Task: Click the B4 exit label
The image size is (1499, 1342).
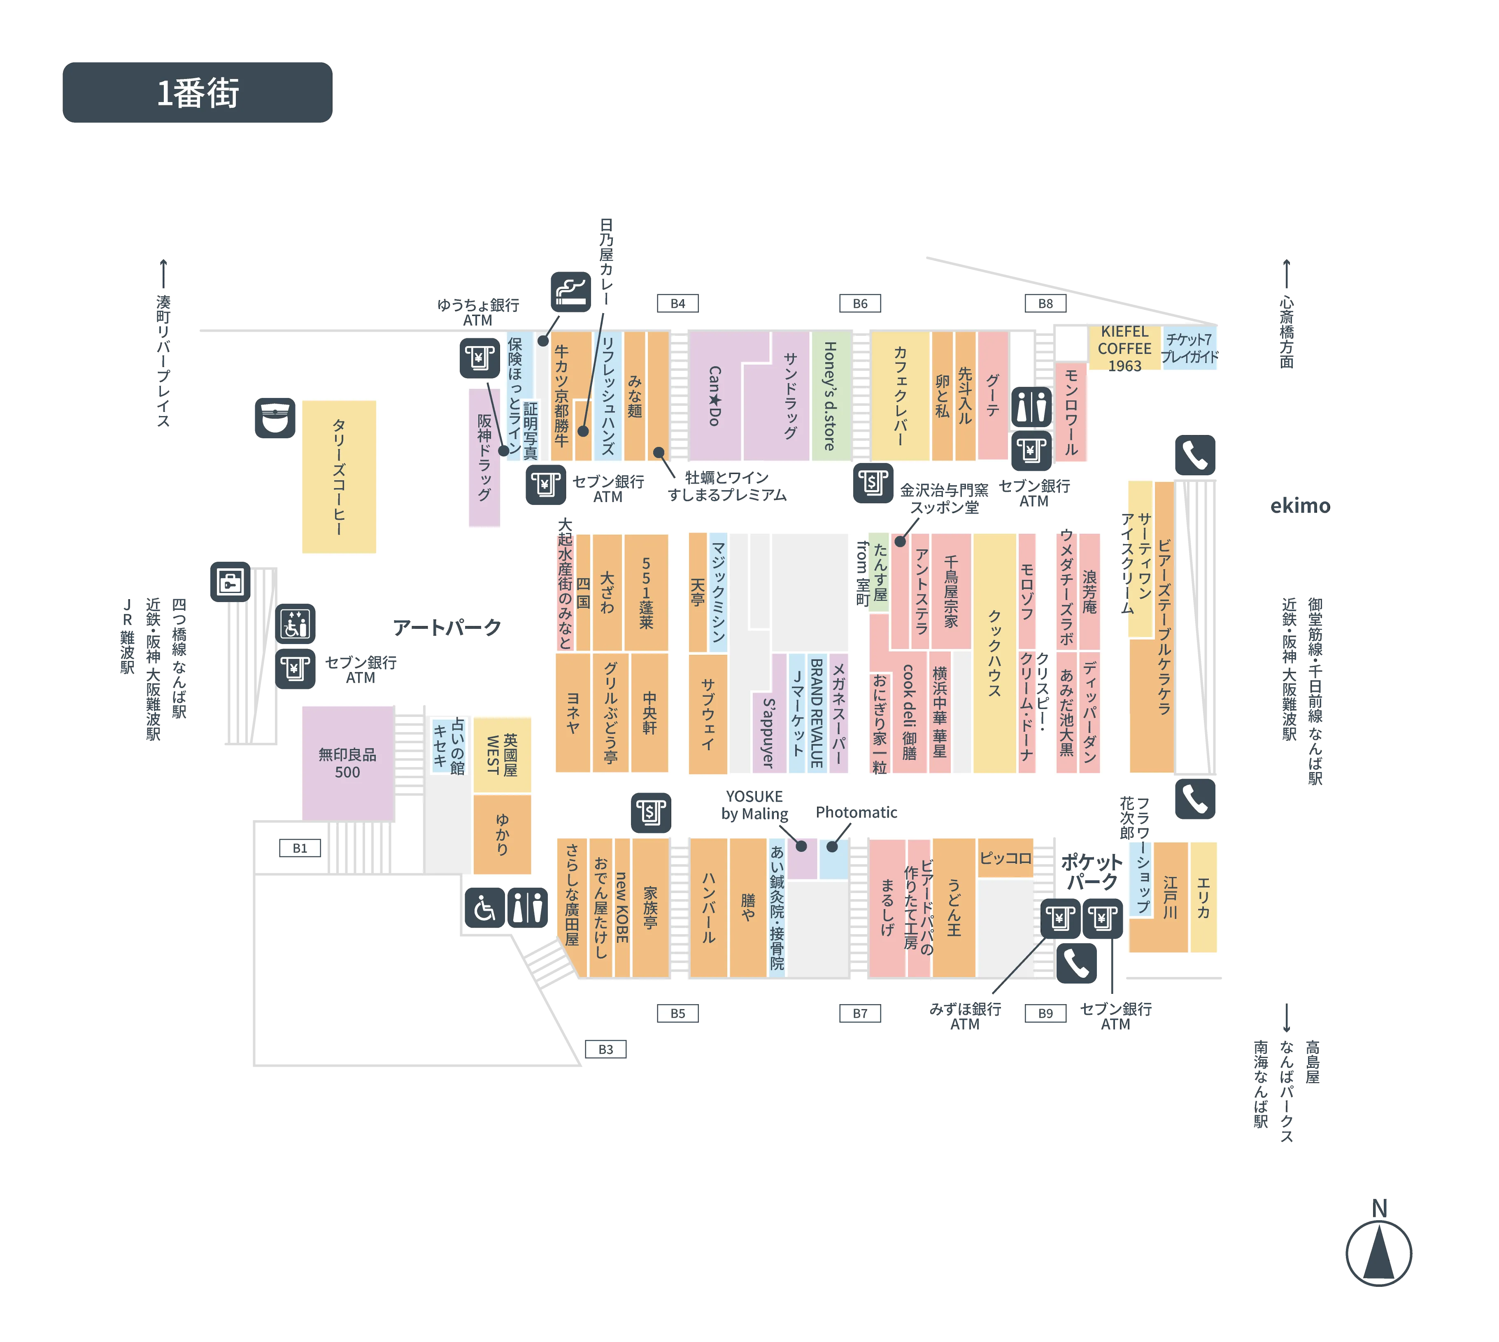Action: click(677, 303)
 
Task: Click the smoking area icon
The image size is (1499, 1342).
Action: click(571, 292)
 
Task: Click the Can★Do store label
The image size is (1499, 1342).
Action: click(714, 396)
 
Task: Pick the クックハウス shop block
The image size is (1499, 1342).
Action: click(994, 653)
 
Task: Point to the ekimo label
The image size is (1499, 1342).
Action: click(1300, 506)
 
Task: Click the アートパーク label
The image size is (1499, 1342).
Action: click(447, 628)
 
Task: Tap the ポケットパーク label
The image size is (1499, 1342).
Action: click(1091, 872)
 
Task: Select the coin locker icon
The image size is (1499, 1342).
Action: click(230, 582)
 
